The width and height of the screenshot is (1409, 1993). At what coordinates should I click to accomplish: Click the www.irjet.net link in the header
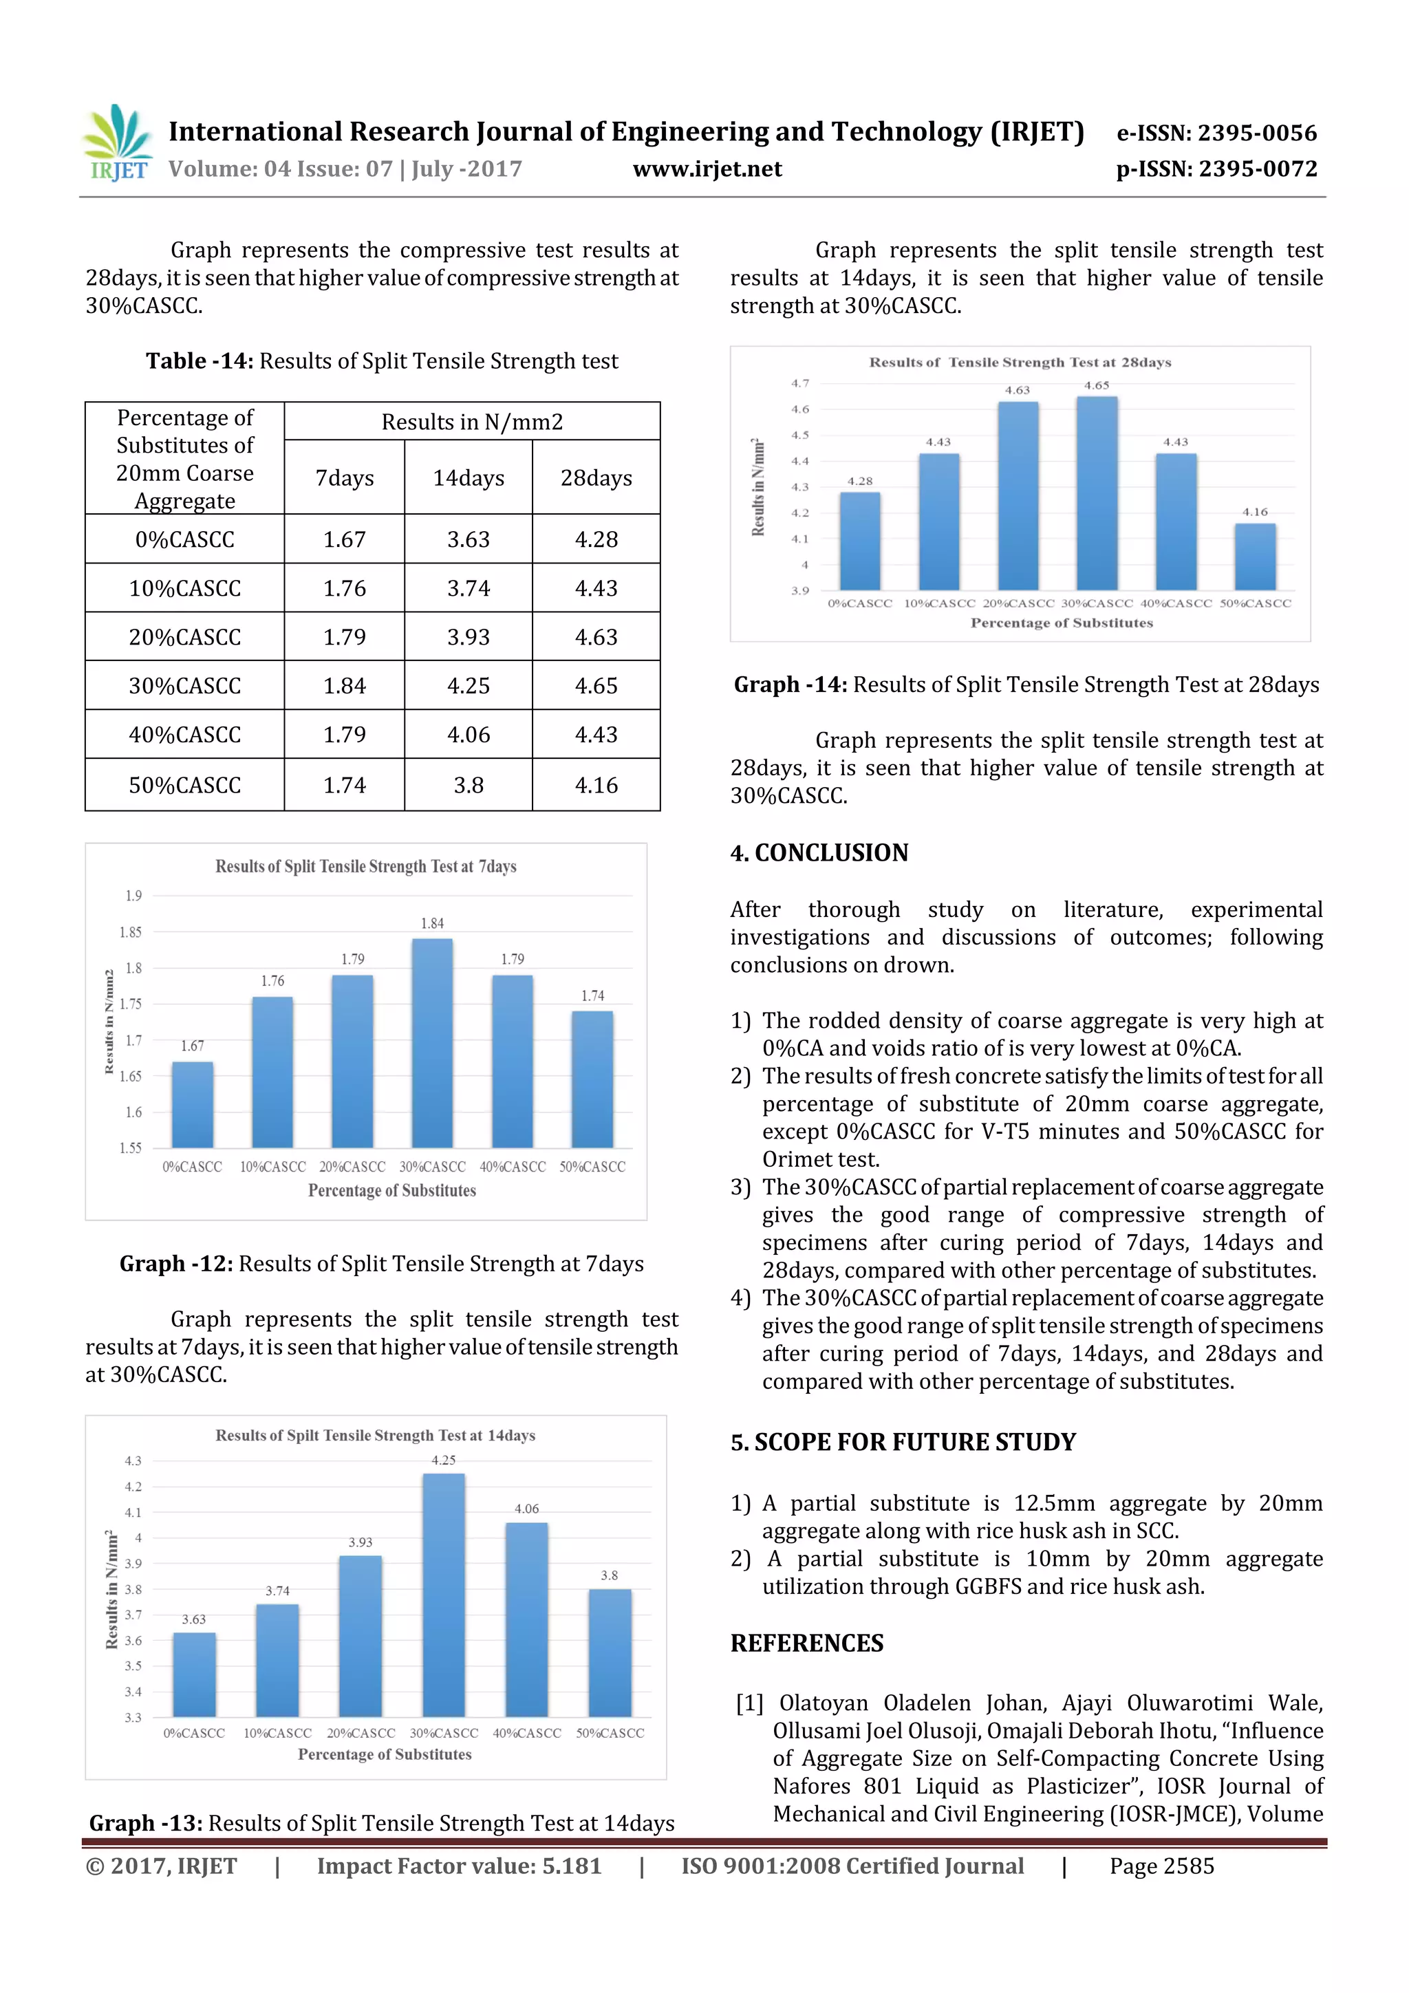(x=707, y=169)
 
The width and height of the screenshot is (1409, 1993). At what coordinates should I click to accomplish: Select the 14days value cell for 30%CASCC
(x=468, y=686)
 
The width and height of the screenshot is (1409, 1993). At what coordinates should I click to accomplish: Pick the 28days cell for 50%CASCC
(x=596, y=785)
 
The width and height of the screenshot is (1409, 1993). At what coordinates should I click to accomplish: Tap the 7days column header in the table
(x=344, y=477)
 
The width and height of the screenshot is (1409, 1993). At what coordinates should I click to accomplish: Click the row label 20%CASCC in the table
(x=184, y=637)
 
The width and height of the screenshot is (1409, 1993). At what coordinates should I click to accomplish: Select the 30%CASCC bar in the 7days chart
(x=431, y=1042)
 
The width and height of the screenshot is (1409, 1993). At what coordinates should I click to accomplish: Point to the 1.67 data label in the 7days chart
(x=193, y=1046)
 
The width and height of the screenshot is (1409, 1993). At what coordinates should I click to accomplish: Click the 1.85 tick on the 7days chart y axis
(x=130, y=932)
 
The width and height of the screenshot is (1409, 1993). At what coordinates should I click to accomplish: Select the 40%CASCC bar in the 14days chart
(x=526, y=1619)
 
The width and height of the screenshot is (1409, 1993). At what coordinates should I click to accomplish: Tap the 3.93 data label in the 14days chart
(x=361, y=1542)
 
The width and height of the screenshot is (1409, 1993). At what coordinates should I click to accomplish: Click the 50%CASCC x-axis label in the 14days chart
(x=610, y=1734)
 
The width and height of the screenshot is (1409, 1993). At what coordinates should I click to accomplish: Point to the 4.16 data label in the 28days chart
(x=1254, y=512)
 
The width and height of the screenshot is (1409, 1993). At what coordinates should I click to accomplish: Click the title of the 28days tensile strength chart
(x=1020, y=362)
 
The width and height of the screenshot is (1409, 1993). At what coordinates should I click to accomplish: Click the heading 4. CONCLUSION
(x=819, y=852)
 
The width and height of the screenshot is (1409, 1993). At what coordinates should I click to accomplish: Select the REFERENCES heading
(x=806, y=1644)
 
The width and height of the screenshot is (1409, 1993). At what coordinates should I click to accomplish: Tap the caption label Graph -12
(x=176, y=1264)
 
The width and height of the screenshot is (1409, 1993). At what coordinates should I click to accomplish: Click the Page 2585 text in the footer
(x=1161, y=1866)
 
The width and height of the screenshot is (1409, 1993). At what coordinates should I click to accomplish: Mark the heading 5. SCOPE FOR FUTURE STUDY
(x=902, y=1442)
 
